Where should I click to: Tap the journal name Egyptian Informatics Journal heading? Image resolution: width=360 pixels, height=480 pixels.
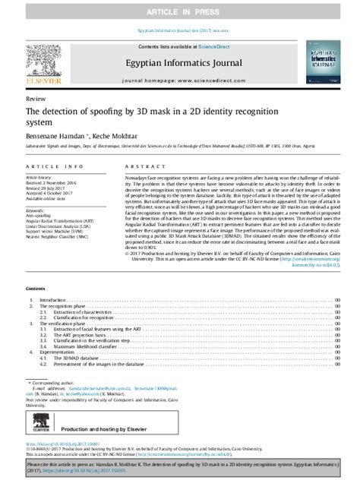pos(180,55)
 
